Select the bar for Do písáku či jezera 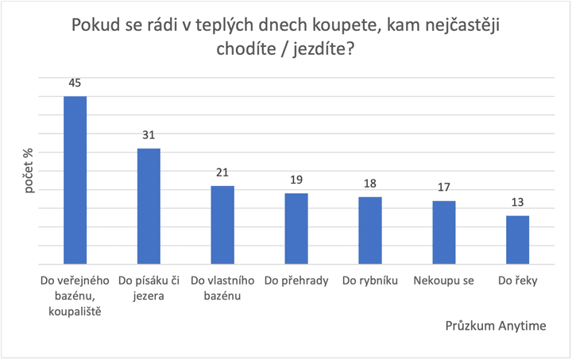pos(149,207)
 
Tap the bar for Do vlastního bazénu pos(222,225)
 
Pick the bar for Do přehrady pos(296,229)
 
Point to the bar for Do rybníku pos(370,230)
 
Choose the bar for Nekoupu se pos(444,233)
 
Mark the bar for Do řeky pos(518,240)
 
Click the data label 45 pos(75,82)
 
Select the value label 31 pos(149,135)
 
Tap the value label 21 pos(222,172)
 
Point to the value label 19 pos(296,180)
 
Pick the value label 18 pos(370,184)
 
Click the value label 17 pos(444,188)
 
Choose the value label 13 pos(518,203)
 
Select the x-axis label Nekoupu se pos(443,281)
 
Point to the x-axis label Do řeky pos(517,281)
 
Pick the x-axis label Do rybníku pos(369,281)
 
